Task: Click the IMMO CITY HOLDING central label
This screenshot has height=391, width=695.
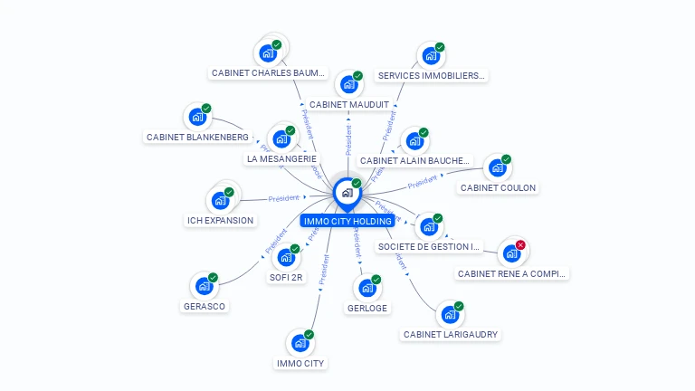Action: pyautogui.click(x=347, y=221)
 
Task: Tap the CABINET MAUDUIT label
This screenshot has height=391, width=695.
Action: pyautogui.click(x=349, y=105)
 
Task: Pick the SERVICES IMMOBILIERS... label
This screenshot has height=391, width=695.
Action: pyautogui.click(x=432, y=76)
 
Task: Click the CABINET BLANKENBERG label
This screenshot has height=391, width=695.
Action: pyautogui.click(x=197, y=138)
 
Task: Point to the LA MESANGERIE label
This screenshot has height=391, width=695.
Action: pyautogui.click(x=281, y=159)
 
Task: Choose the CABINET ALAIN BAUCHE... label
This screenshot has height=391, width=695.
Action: pyautogui.click(x=415, y=161)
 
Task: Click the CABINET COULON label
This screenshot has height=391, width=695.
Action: pyautogui.click(x=498, y=188)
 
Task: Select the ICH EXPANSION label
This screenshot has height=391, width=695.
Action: pyautogui.click(x=220, y=220)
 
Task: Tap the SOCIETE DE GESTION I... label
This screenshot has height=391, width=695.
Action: pyautogui.click(x=430, y=246)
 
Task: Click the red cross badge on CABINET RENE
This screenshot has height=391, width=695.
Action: pyautogui.click(x=520, y=245)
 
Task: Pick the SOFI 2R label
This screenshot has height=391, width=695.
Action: pyautogui.click(x=286, y=278)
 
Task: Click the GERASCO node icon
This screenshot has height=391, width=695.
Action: pyautogui.click(x=204, y=286)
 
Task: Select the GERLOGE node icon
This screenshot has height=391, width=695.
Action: pyautogui.click(x=367, y=288)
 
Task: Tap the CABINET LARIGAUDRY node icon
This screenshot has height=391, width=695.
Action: pyautogui.click(x=448, y=315)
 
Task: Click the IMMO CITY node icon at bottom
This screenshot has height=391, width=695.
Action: pyautogui.click(x=300, y=344)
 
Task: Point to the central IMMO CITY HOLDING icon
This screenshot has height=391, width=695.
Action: pyautogui.click(x=347, y=193)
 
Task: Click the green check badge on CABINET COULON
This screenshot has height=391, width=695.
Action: pyautogui.click(x=506, y=159)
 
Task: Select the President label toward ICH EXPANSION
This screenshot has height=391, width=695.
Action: pyautogui.click(x=283, y=197)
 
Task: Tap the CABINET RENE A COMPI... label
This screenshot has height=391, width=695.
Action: pyautogui.click(x=511, y=273)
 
